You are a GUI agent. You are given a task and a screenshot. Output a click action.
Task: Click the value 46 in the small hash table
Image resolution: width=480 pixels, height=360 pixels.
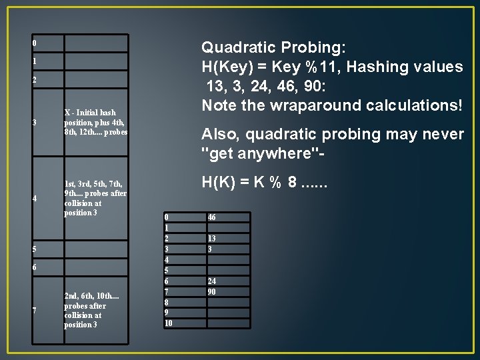[x=211, y=217]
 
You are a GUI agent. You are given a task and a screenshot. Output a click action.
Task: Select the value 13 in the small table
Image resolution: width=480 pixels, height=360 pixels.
[x=211, y=239]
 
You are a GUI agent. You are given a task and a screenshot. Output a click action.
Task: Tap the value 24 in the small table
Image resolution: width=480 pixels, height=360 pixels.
[x=211, y=281]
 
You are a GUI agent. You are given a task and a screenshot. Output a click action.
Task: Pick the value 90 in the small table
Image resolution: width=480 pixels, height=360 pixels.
[x=211, y=292]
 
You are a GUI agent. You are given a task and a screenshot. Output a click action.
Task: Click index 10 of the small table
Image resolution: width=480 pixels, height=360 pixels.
[x=169, y=323]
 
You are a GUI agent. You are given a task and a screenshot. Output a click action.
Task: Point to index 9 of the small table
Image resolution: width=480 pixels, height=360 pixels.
[x=167, y=313]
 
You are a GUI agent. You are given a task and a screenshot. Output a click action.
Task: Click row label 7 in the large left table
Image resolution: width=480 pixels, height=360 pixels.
[x=35, y=311]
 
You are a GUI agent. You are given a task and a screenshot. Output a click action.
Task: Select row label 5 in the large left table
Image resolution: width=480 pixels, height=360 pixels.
[x=35, y=249]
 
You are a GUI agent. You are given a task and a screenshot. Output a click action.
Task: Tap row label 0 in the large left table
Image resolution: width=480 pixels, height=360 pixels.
[x=35, y=44]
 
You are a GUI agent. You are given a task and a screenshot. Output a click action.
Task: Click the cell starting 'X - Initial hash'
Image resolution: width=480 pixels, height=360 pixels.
[x=95, y=122]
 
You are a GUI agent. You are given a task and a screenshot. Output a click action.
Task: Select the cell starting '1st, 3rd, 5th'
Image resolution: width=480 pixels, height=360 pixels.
[x=95, y=198]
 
